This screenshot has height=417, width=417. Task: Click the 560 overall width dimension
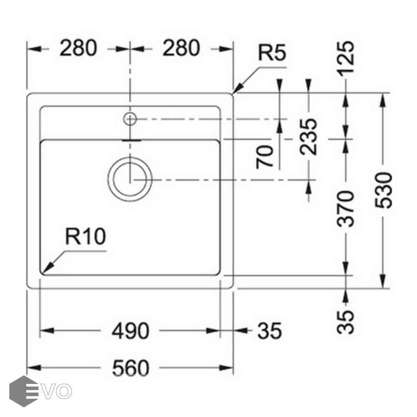click(x=130, y=368)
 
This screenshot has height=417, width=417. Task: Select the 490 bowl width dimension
click(x=130, y=331)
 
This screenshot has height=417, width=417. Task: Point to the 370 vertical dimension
click(x=347, y=208)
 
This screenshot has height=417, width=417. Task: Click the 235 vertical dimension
click(x=309, y=137)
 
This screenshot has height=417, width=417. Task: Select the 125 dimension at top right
click(x=346, y=59)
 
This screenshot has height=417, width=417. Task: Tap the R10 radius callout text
click(x=85, y=237)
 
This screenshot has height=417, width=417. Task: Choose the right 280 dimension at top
click(x=181, y=48)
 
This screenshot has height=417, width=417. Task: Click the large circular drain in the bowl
click(x=130, y=179)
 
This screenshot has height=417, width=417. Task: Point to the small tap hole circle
click(x=130, y=119)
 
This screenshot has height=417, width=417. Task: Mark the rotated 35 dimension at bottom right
click(x=346, y=321)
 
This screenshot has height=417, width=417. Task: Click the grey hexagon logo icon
click(x=23, y=391)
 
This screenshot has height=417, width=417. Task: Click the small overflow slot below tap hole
click(x=130, y=138)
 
